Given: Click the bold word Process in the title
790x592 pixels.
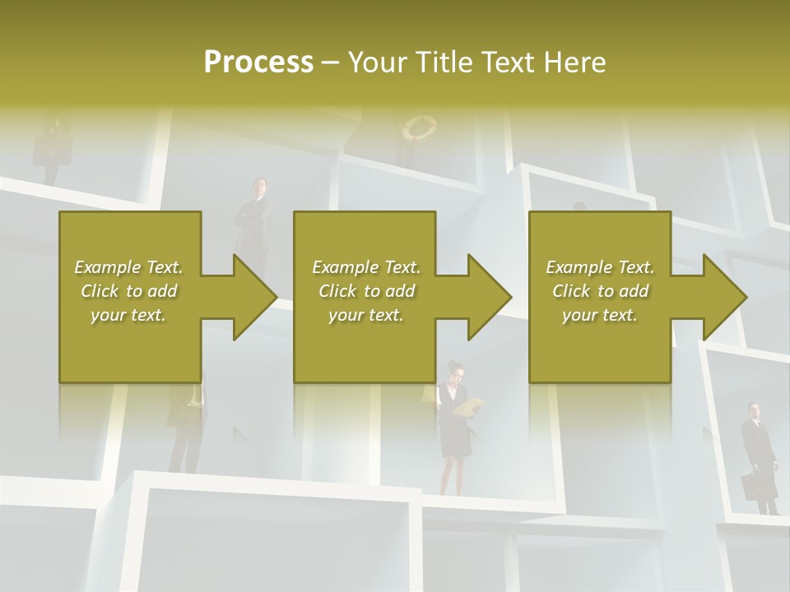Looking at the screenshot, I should point(258,62).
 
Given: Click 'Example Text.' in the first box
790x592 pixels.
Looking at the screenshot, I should point(128,267).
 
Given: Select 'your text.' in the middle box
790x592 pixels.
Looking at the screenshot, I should point(365,315).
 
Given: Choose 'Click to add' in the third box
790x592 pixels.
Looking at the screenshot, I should point(600,291).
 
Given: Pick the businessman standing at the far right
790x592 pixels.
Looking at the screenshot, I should point(757,452).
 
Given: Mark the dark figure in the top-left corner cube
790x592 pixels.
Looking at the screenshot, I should point(51,148).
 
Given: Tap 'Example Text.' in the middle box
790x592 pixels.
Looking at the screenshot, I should point(365,267).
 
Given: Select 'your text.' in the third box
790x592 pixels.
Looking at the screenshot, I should point(600,315).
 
